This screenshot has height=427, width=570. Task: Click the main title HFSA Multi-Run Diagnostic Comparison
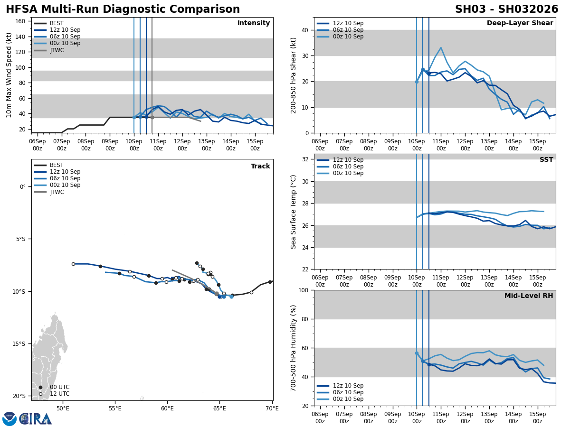click(x=123, y=9)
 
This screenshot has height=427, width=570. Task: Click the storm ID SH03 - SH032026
click(x=506, y=9)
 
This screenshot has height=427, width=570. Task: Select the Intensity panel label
click(x=254, y=23)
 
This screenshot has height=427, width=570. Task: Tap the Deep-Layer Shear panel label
click(x=520, y=23)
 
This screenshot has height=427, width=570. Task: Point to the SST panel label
click(x=546, y=160)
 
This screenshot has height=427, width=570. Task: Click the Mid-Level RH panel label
click(x=529, y=296)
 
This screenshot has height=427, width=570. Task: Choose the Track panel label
click(x=260, y=167)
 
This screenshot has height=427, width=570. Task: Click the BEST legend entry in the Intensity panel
click(x=57, y=23)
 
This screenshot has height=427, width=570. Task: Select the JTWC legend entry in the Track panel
click(x=57, y=192)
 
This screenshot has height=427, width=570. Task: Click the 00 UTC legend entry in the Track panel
click(x=59, y=387)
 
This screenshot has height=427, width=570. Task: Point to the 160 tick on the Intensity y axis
click(x=20, y=21)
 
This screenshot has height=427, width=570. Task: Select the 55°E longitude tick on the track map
click(x=115, y=408)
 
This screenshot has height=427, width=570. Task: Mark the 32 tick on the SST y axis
click(x=306, y=159)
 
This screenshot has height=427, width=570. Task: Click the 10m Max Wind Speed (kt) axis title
click(x=9, y=75)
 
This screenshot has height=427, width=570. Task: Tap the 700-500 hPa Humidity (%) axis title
click(x=294, y=348)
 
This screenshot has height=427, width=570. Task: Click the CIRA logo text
click(x=36, y=419)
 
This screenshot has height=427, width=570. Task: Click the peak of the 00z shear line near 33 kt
click(x=441, y=47)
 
